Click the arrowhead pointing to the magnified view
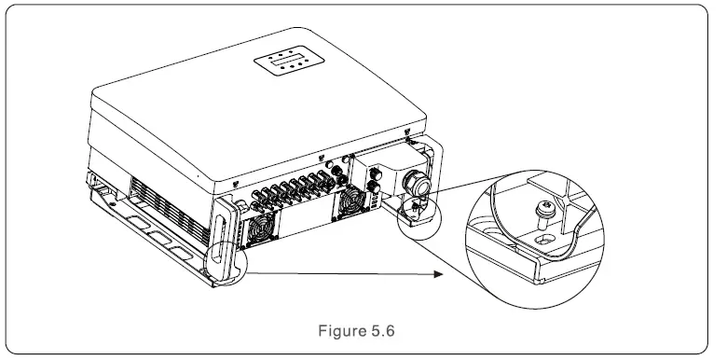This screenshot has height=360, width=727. [436, 275]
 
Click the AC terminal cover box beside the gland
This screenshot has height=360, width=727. [383, 172]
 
